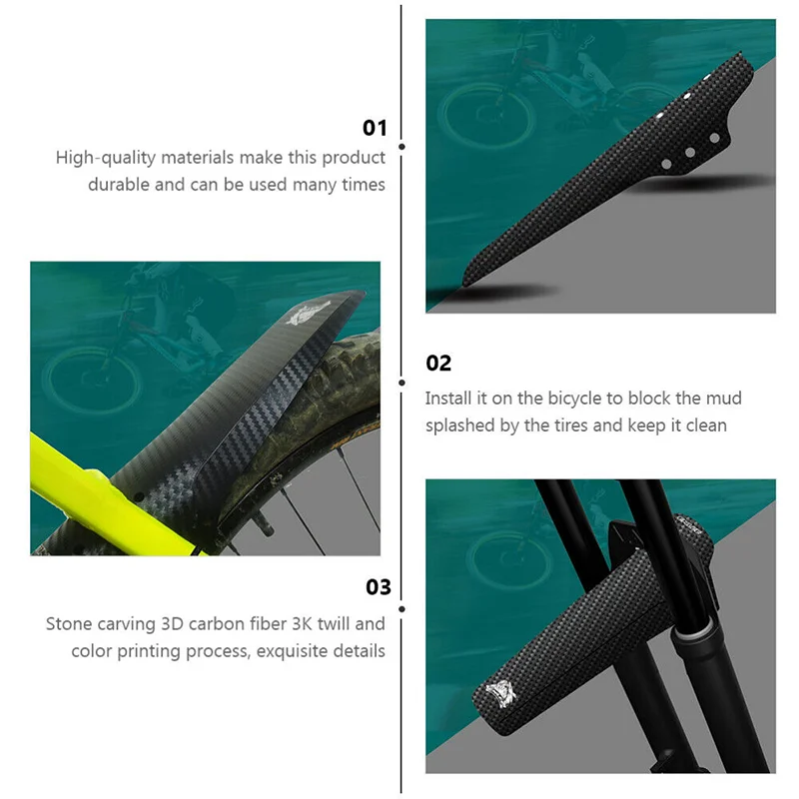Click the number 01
pos(374,127)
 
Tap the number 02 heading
pos(438,363)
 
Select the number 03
pos(378,586)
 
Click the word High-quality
pos(101,158)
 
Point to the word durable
pos(120,185)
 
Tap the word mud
pos(725,399)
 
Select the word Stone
pos(68,624)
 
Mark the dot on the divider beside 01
pos(401,145)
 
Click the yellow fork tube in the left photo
pos(80,488)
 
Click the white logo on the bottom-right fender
pos(500,693)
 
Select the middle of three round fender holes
pos(689,153)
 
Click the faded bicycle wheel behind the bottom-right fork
pos(499,559)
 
